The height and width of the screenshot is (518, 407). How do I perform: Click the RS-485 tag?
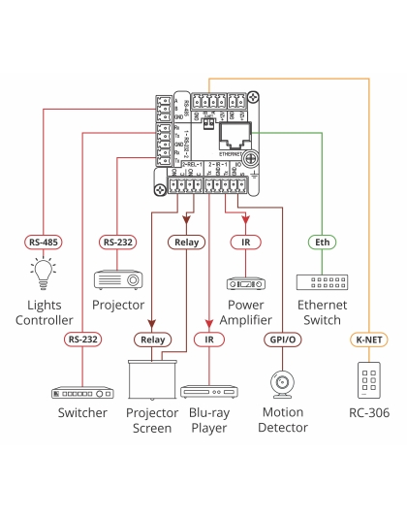click(x=43, y=242)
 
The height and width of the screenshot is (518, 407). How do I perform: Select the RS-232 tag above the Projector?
click(x=118, y=242)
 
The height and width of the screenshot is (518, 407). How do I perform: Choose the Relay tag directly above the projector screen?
click(x=152, y=340)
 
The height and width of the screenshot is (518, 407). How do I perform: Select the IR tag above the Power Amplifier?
click(x=245, y=242)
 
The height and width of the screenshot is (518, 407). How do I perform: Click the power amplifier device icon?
click(x=245, y=284)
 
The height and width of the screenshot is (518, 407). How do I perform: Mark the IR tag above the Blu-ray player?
click(x=208, y=340)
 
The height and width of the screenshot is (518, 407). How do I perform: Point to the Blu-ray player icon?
click(x=208, y=391)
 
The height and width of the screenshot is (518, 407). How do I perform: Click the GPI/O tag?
click(x=282, y=340)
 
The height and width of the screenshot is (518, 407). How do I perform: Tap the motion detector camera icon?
click(x=282, y=385)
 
